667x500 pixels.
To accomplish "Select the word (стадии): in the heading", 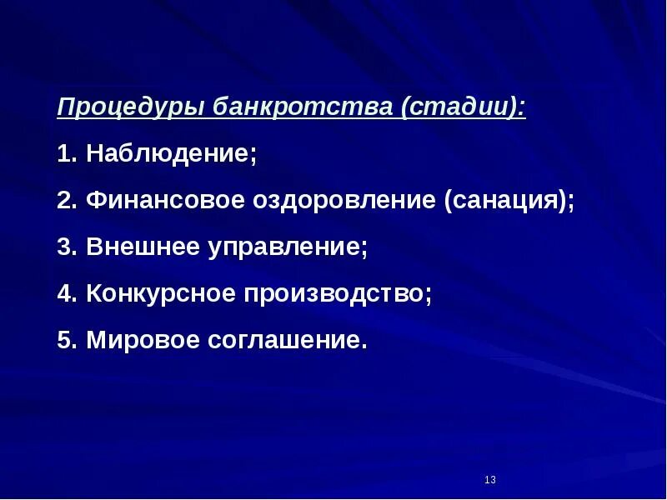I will (x=464, y=108).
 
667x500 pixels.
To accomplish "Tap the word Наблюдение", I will (x=168, y=155).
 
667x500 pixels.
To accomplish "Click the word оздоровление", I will (x=341, y=202).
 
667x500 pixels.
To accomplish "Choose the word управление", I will (x=283, y=248).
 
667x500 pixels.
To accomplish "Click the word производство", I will (x=333, y=295).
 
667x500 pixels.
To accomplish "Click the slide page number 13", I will (x=489, y=480).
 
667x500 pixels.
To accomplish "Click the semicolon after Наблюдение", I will (x=253, y=157).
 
